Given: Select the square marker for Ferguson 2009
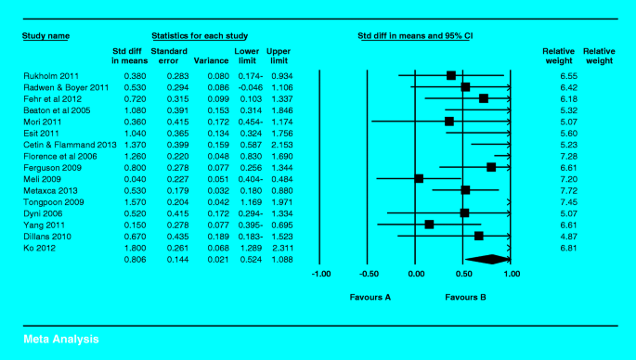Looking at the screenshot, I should [x=491, y=167].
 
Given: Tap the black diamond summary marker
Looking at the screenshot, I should [x=486, y=259].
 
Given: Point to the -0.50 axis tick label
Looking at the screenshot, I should [x=368, y=275].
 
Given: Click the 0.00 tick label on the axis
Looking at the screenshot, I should [x=416, y=275].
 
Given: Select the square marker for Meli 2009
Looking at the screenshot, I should [x=419, y=178].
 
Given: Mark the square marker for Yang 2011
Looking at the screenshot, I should [x=429, y=224].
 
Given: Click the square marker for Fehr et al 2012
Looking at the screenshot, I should [x=484, y=98].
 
